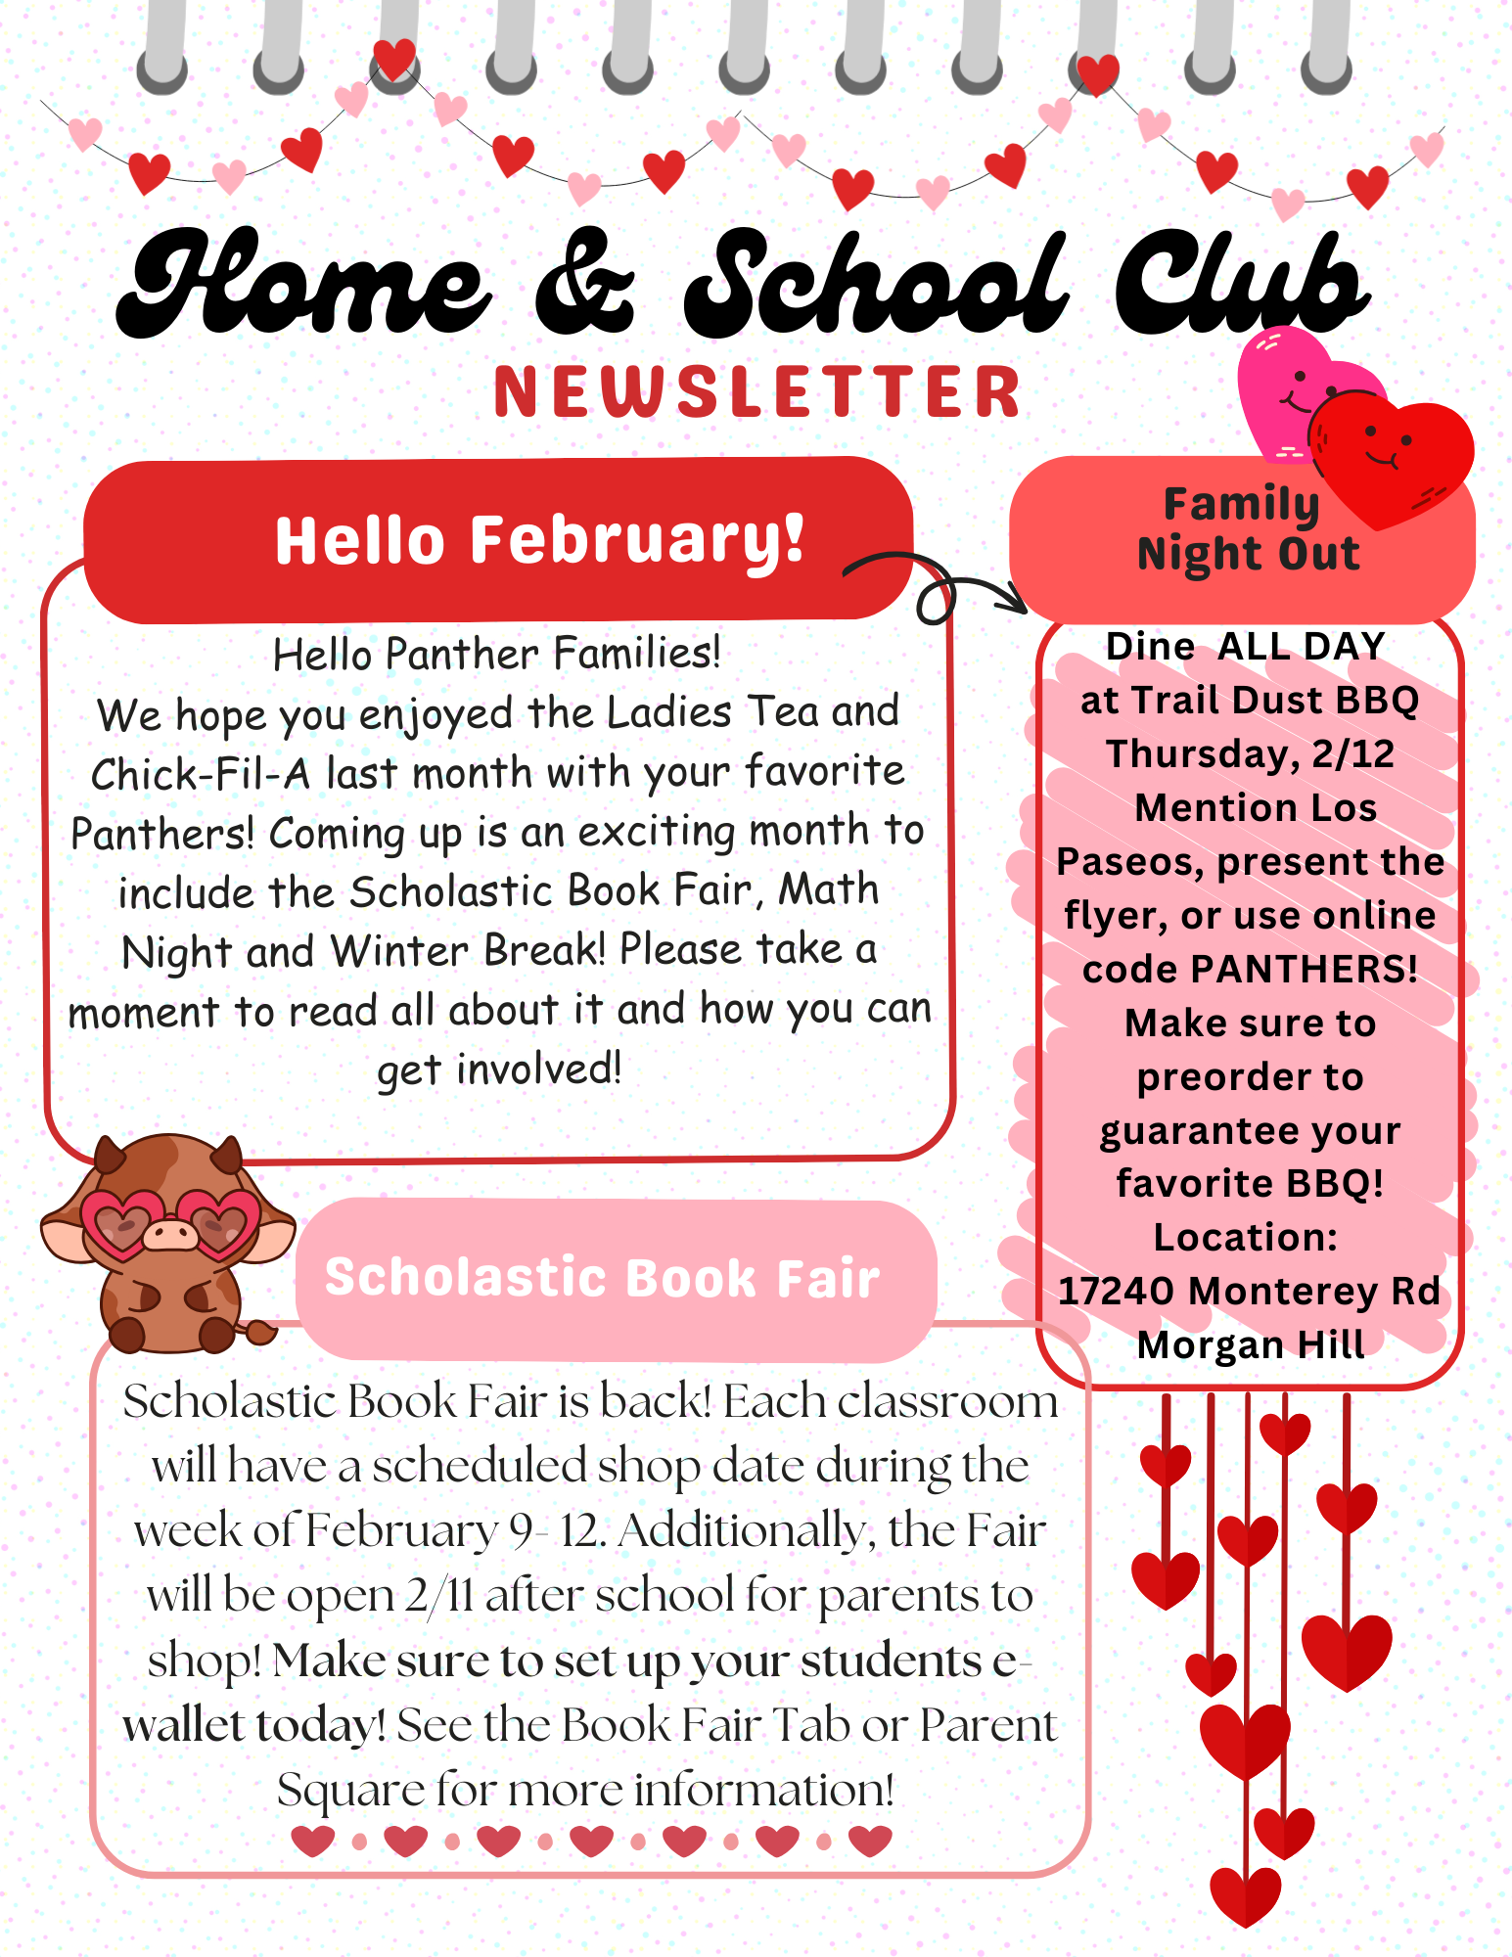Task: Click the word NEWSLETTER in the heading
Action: [x=757, y=392]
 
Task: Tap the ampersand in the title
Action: [x=584, y=284]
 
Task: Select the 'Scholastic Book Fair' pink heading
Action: [x=603, y=1278]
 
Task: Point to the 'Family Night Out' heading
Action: [x=1247, y=529]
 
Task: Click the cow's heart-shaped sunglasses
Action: [x=172, y=1222]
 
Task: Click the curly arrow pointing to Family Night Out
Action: [x=935, y=587]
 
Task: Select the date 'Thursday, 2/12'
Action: [x=1250, y=754]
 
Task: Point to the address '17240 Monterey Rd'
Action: [x=1250, y=1292]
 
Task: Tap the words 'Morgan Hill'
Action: [x=1250, y=1345]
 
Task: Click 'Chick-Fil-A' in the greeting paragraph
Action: [x=200, y=774]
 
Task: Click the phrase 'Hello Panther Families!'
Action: [x=497, y=654]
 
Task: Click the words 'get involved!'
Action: [x=499, y=1070]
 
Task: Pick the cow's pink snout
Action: [x=171, y=1234]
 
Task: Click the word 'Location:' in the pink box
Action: [x=1245, y=1238]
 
